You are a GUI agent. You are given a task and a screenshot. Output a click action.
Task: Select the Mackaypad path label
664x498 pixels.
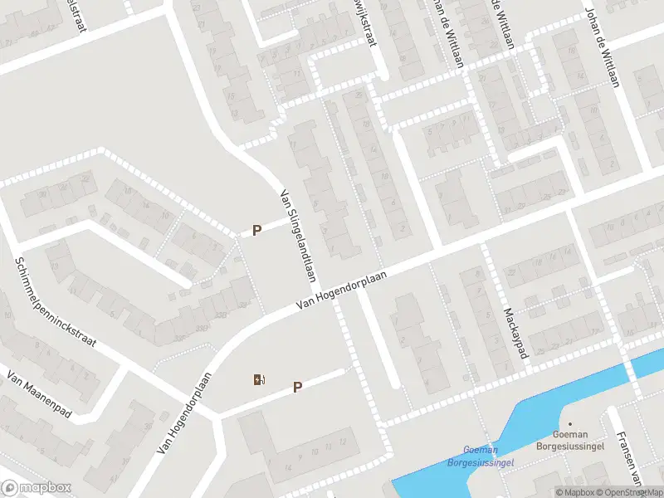[515, 334]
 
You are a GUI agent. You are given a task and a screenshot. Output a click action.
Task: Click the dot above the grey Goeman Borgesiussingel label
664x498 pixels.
[570, 423]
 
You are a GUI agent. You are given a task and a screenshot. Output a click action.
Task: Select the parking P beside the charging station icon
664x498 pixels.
[297, 387]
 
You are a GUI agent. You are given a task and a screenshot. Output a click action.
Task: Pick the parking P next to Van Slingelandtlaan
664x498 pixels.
[257, 230]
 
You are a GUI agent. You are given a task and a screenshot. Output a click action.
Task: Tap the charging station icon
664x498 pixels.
[260, 380]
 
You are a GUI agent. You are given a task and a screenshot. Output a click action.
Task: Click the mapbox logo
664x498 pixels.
[37, 487]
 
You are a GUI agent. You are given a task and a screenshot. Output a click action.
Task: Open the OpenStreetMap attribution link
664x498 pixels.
[630, 492]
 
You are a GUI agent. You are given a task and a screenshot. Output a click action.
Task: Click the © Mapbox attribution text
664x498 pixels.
[576, 492]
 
